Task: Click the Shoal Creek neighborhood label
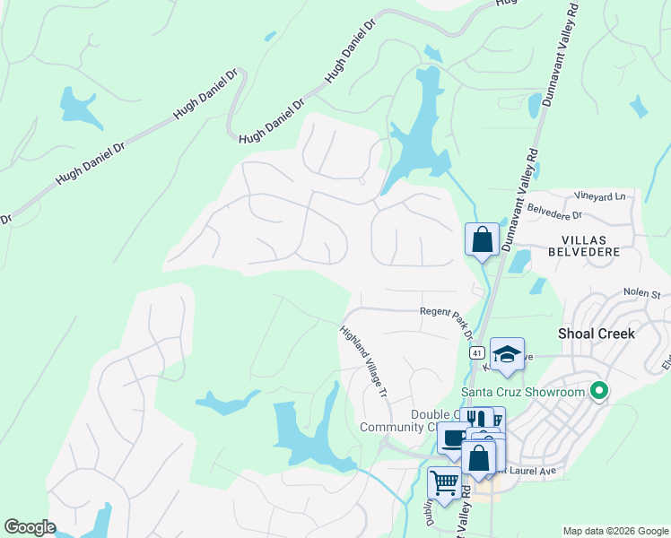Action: (597, 334)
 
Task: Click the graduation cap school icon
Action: (507, 353)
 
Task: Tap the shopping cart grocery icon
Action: (444, 482)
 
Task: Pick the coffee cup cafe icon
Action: (454, 438)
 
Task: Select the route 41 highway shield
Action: (475, 353)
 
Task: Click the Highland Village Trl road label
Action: (364, 362)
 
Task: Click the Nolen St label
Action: (642, 293)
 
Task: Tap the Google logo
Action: (30, 527)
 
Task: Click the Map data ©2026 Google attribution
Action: (614, 531)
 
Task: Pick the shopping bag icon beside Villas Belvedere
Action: (482, 239)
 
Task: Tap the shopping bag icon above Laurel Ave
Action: (480, 456)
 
